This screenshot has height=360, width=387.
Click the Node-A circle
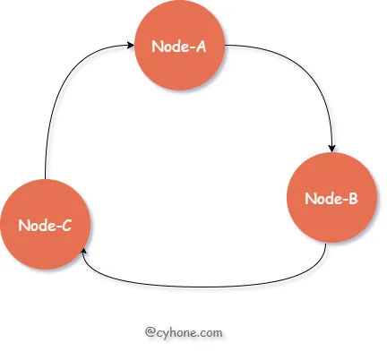179,45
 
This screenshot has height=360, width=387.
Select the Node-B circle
331,197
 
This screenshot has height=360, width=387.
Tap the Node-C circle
45,224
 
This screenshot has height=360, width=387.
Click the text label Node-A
179,47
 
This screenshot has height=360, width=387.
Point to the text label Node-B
331,199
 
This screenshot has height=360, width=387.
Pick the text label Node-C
45,226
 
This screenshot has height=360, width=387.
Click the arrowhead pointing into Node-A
131,45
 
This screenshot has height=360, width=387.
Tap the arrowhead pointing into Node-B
331,149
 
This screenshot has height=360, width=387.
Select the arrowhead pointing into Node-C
84,252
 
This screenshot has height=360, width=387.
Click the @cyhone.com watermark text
184,332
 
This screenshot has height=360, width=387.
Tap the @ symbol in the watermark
150,332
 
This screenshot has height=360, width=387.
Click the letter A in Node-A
201,47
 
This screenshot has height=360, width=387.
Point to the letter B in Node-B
353,199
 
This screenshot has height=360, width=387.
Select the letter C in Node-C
67,226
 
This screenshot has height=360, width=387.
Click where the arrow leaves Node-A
225,45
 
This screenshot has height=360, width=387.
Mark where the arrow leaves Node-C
45,179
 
